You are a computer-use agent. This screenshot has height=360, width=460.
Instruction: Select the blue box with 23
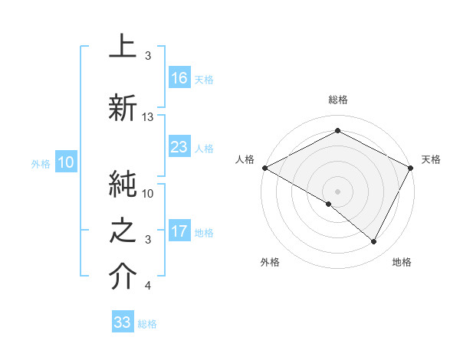pos(179,147)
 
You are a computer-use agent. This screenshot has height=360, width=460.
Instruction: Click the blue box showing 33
pos(123,322)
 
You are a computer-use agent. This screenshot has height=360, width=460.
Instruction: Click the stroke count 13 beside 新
pos(148,117)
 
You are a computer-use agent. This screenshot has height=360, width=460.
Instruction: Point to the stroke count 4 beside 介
pos(148,286)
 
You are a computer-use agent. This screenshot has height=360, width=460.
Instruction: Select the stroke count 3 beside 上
pos(148,57)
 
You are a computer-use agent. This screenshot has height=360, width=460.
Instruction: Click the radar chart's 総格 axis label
pos(337,100)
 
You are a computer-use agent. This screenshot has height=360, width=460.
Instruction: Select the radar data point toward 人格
pos(264,168)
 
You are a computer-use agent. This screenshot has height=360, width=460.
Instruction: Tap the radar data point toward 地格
pos(374,242)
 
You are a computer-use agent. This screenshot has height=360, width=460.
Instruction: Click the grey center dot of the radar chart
pos(337,191)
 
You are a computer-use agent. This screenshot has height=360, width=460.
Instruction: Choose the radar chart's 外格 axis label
pos(270,262)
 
